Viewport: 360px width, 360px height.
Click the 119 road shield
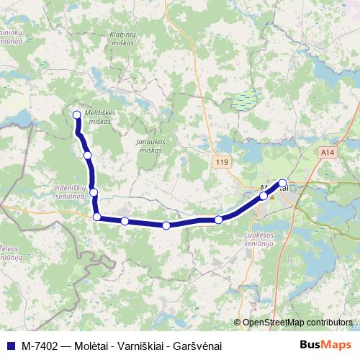221,163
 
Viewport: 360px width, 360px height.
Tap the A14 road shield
328,153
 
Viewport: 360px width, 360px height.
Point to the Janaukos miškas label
150,145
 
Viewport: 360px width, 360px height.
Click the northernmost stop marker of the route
77,114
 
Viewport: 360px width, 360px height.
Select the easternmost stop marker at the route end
283,183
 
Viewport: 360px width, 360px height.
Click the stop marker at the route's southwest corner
96,217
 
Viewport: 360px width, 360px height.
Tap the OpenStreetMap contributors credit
297,323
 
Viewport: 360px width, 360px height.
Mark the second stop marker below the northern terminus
93,192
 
